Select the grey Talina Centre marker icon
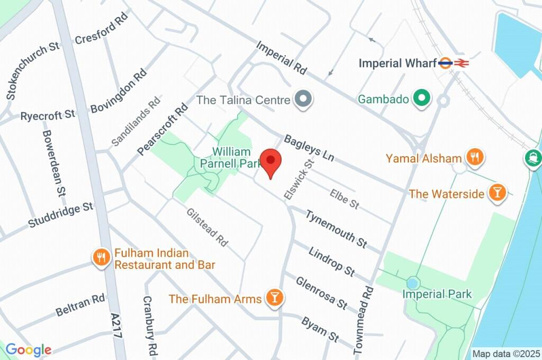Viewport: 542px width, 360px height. click(304, 99)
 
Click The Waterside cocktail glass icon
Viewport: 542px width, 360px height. click(496, 193)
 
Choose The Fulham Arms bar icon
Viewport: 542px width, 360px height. click(274, 299)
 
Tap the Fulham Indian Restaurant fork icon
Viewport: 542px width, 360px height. click(100, 258)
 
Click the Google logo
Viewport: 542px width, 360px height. click(29, 349)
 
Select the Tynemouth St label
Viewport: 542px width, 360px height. click(336, 228)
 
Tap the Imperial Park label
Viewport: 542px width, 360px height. click(437, 294)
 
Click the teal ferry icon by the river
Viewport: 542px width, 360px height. click(533, 157)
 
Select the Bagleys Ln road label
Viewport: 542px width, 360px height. click(310, 148)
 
